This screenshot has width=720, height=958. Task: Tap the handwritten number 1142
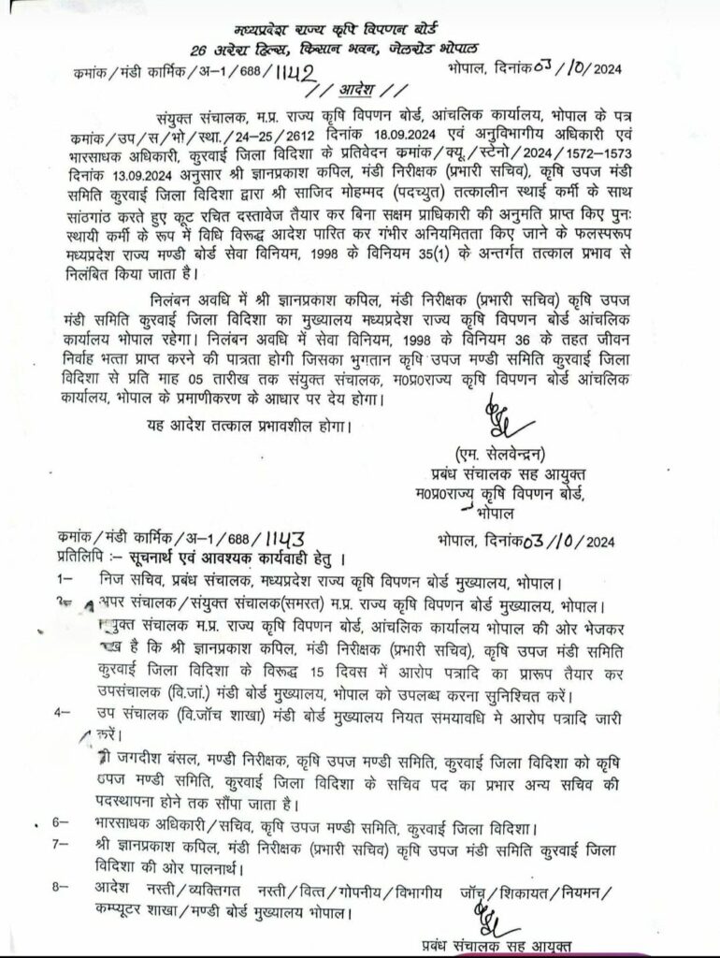point(291,72)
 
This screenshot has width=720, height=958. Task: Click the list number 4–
point(67,713)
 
